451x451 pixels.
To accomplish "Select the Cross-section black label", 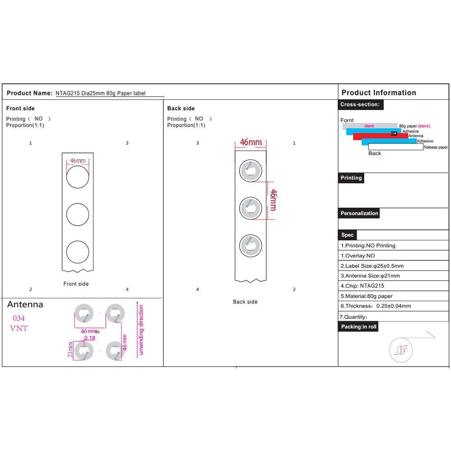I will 361,105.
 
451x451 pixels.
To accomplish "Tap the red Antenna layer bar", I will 380,136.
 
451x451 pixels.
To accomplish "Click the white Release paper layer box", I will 396,147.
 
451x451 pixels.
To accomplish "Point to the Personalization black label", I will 359,213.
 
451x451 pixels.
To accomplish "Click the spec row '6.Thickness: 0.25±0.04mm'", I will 375,306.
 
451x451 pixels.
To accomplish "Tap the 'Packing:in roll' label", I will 358,327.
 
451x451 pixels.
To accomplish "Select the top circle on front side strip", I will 78,176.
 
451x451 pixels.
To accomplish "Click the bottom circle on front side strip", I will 78,252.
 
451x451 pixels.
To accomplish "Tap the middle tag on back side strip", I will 250,208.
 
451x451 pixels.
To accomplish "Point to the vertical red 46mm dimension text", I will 273,200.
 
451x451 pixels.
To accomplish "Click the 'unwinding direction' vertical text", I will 141,330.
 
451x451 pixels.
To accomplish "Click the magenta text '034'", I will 19,318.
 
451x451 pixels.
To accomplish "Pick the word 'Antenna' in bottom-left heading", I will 25,304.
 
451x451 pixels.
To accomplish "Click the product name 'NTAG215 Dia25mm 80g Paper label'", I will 103,93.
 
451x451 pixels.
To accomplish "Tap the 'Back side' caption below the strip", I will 245,302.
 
